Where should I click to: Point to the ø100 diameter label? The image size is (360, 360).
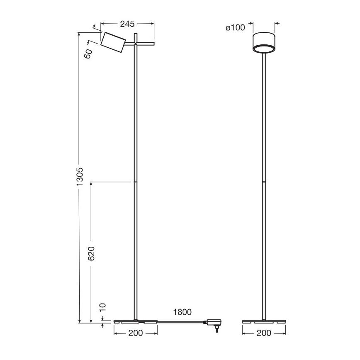coord(235,28)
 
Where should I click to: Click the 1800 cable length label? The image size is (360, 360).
coord(183,312)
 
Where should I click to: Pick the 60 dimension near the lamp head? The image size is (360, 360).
coord(88,54)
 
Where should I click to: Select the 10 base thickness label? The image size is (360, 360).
coord(103,307)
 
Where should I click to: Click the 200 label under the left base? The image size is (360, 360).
coord(136,333)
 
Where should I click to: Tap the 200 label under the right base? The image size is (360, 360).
coord(264,333)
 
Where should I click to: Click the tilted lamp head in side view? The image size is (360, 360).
coord(113,42)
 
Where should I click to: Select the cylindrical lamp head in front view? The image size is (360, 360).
coord(264,41)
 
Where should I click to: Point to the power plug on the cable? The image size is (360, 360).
coord(215,323)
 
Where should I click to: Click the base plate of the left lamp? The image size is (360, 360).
coord(136,321)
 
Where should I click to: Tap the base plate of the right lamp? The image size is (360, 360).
coord(264,321)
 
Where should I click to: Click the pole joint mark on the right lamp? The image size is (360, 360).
coord(264,182)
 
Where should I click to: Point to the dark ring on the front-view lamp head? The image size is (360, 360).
coord(264,49)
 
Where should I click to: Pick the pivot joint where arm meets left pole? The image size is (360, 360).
coord(136,43)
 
